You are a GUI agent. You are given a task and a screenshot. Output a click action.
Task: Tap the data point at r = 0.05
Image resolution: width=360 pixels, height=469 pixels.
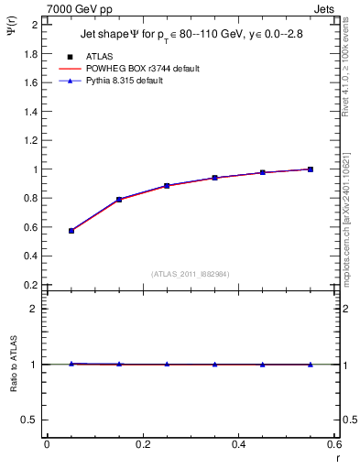click(x=71, y=231)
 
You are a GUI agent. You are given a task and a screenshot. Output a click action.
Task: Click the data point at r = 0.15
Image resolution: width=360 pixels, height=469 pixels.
click(x=119, y=199)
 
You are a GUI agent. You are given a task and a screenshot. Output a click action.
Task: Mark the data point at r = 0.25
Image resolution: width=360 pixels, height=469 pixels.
click(x=167, y=185)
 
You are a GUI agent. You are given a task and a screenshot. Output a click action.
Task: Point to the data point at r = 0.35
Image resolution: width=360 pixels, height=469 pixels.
click(x=214, y=178)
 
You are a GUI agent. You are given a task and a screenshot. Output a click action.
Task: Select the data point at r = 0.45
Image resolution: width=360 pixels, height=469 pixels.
click(x=263, y=172)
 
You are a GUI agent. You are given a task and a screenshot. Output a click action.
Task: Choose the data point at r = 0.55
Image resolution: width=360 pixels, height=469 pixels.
click(x=311, y=169)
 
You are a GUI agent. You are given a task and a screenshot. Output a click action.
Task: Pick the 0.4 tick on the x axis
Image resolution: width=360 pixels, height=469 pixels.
click(x=238, y=444)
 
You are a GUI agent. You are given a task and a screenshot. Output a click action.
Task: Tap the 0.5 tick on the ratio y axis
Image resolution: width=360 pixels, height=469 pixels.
click(x=32, y=420)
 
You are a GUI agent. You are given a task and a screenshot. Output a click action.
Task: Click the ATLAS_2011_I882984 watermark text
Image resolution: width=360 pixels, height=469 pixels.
click(x=190, y=273)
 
